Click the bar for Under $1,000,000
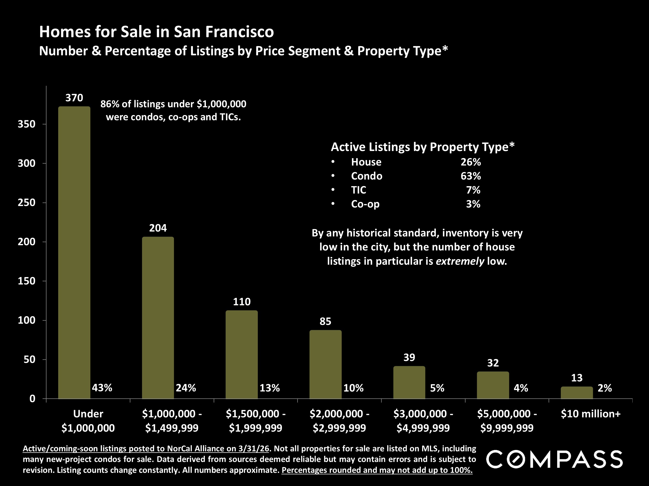click(74, 252)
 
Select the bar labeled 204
click(158, 318)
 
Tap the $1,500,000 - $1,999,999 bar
click(242, 355)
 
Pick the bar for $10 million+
click(577, 392)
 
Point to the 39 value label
click(409, 357)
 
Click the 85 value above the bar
click(325, 321)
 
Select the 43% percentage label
click(102, 388)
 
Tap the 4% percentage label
click(521, 388)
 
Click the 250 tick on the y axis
click(26, 202)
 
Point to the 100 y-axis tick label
click(26, 320)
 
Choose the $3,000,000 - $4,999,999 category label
click(423, 421)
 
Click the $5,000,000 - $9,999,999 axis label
click(507, 421)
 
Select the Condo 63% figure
click(471, 176)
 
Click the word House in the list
click(366, 162)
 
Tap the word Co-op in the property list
click(365, 204)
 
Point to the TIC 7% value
click(473, 190)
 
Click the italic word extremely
click(460, 261)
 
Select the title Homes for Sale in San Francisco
click(156, 32)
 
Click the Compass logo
click(555, 459)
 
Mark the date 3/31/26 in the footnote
click(254, 448)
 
